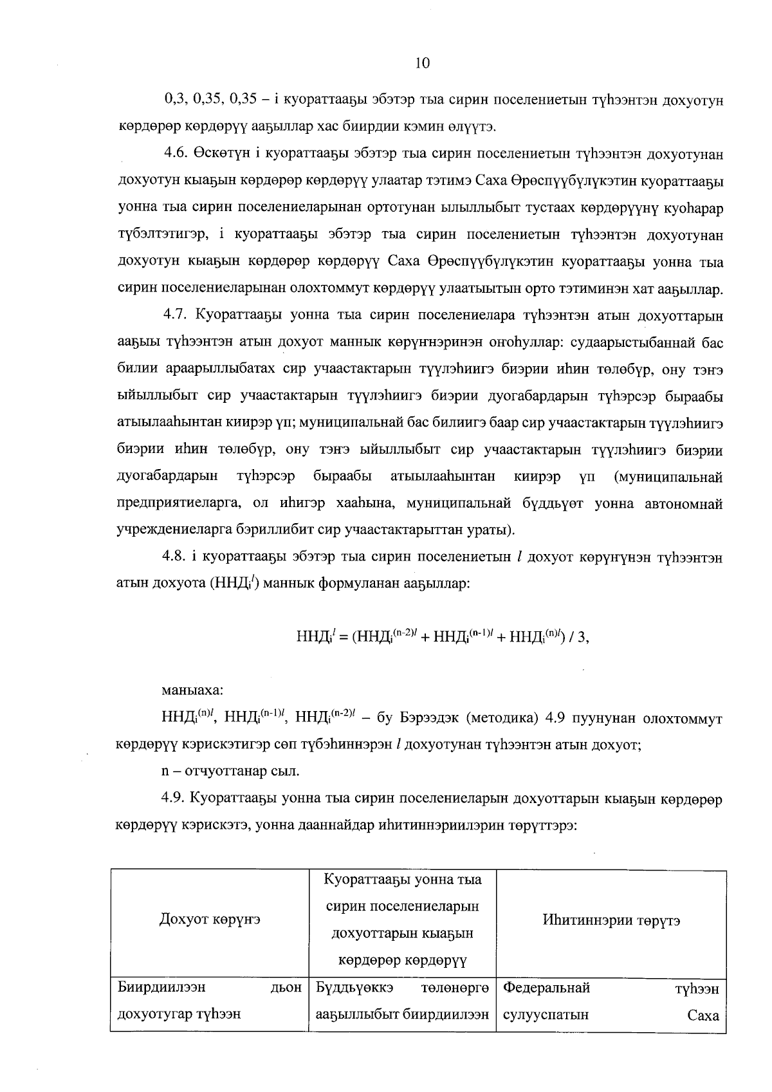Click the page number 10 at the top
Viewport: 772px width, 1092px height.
pos(422,62)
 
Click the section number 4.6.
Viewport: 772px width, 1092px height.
pos(174,154)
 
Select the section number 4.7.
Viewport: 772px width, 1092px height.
pos(174,316)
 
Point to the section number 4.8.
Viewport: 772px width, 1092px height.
pos(174,558)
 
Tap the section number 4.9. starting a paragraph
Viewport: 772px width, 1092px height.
pos(174,799)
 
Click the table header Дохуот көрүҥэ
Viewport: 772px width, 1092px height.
pos(210,920)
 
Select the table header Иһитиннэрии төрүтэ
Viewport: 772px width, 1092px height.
pos(611,920)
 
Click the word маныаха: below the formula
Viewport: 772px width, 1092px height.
pos(192,690)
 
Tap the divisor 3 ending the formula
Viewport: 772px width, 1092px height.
pos(582,637)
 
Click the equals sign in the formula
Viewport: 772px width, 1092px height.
pos(344,637)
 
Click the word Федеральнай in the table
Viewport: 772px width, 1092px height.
pos(547,988)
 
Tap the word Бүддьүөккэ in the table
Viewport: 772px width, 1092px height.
pos(354,988)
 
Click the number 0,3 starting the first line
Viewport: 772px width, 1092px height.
pos(172,100)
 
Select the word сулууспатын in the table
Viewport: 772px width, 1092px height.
pos(546,1015)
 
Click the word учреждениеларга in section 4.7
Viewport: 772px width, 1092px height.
pos(167,531)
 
